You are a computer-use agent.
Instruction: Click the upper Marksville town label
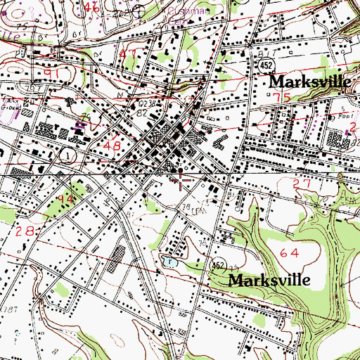tap(310, 82)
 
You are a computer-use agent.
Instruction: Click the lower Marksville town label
tap(269, 279)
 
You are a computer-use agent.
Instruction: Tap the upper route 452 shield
tap(264, 65)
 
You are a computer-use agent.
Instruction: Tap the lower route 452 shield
tap(219, 264)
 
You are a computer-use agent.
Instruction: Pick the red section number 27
tap(302, 184)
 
